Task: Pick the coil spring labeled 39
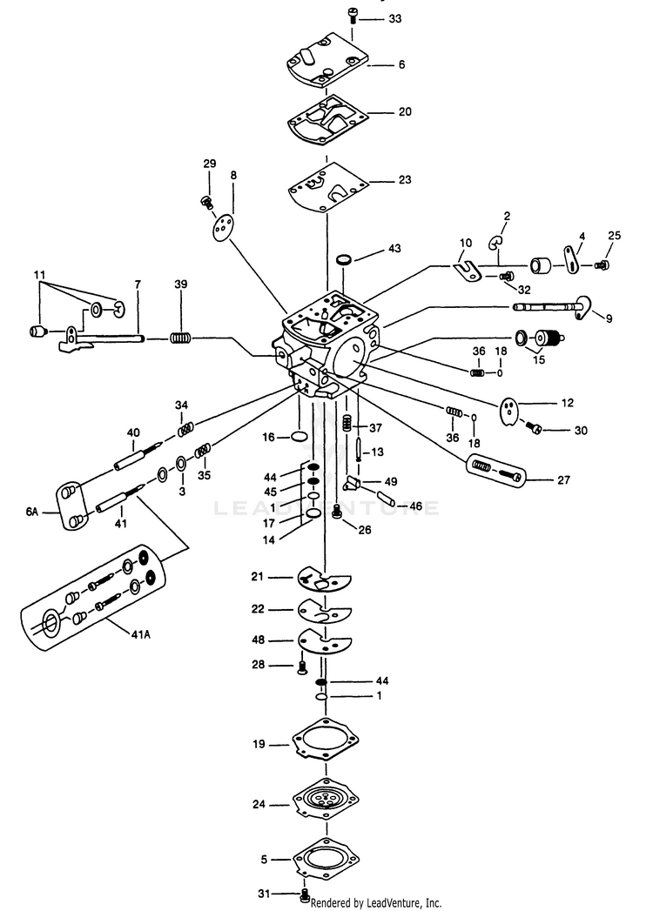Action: (x=180, y=337)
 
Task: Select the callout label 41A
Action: (x=141, y=634)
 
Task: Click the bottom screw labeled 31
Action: (x=305, y=894)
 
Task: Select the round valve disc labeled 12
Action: (x=512, y=410)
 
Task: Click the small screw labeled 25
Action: (x=601, y=264)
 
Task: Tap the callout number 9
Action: (x=609, y=319)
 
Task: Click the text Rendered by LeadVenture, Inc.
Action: (x=375, y=902)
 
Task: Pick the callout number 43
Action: (x=394, y=249)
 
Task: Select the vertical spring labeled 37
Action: (x=347, y=424)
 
